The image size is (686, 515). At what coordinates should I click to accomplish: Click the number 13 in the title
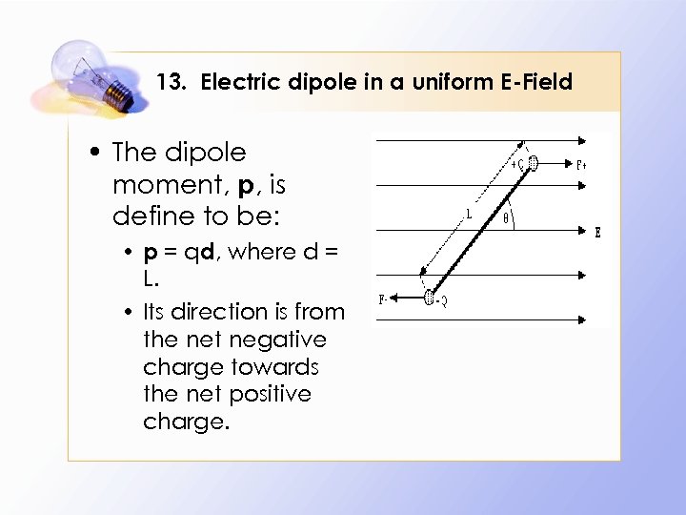[170, 82]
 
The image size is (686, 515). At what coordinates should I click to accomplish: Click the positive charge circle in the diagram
[533, 163]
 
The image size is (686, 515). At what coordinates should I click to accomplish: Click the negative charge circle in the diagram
[429, 299]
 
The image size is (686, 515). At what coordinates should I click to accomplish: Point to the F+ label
[582, 164]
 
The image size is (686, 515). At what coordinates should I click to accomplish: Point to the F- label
[382, 299]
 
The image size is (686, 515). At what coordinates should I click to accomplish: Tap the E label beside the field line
[597, 231]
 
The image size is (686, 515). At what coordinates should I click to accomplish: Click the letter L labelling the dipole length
[468, 215]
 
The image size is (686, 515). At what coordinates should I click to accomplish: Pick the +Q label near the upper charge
[517, 163]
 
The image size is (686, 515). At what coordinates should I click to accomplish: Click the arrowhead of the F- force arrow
[396, 299]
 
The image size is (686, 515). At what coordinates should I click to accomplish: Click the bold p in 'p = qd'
[150, 254]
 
